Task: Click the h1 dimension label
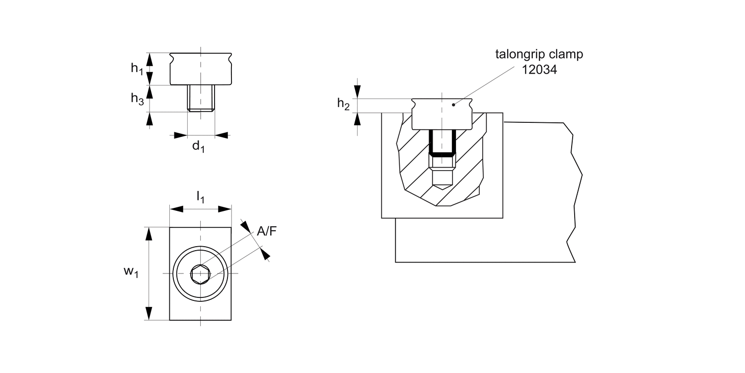coord(137,69)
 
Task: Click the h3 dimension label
coord(137,99)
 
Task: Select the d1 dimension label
coord(198,146)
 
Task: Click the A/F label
coord(267,231)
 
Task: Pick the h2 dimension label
coord(344,104)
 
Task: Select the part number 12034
coord(539,70)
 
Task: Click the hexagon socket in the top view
coord(201,274)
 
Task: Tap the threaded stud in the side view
coord(201,98)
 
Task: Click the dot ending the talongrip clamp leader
coord(453,104)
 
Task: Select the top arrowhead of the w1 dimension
coord(148,233)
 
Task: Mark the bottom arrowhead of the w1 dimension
coord(148,314)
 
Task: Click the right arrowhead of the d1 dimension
coord(222,135)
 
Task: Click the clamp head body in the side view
coord(201,70)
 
